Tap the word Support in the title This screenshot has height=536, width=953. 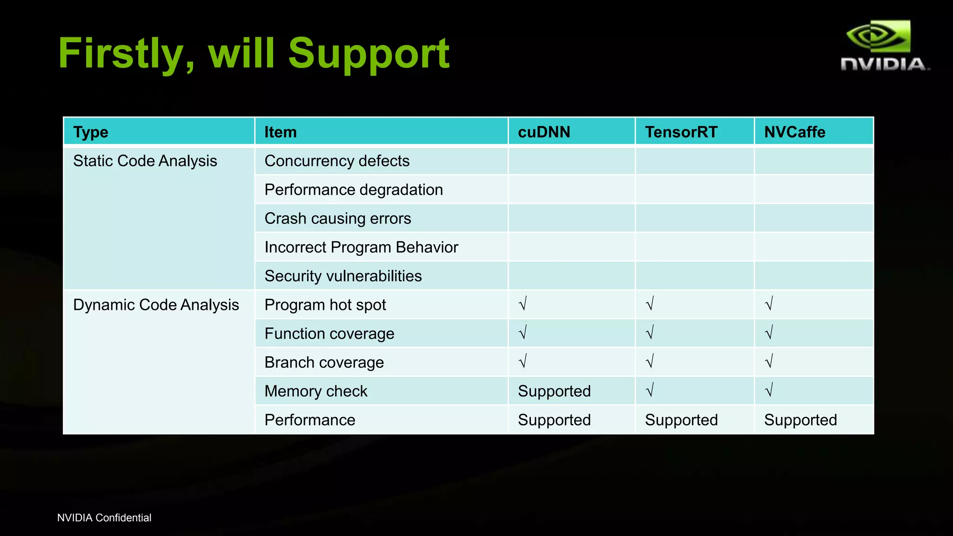point(369,54)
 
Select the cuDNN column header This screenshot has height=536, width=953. point(544,132)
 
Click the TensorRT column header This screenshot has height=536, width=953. point(681,132)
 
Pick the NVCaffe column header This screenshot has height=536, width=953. point(795,132)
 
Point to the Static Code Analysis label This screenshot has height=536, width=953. point(145,161)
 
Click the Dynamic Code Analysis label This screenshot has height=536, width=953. point(156,305)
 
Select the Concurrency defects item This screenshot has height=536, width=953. point(337,161)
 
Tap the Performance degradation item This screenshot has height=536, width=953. point(354,190)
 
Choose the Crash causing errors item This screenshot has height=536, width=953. point(338,219)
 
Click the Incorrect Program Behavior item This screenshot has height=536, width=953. point(361,247)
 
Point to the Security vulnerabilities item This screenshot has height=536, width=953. point(343,276)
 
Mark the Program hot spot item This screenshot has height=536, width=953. point(325,305)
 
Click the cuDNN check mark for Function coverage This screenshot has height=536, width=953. point(523,333)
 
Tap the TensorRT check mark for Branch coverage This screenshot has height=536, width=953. point(650,361)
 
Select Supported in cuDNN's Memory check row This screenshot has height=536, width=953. point(554,391)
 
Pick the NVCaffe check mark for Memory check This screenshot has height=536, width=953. point(769,390)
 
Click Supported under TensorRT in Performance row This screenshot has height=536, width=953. point(681,420)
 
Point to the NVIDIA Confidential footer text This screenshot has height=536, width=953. point(104,518)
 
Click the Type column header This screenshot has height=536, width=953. point(91,132)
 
